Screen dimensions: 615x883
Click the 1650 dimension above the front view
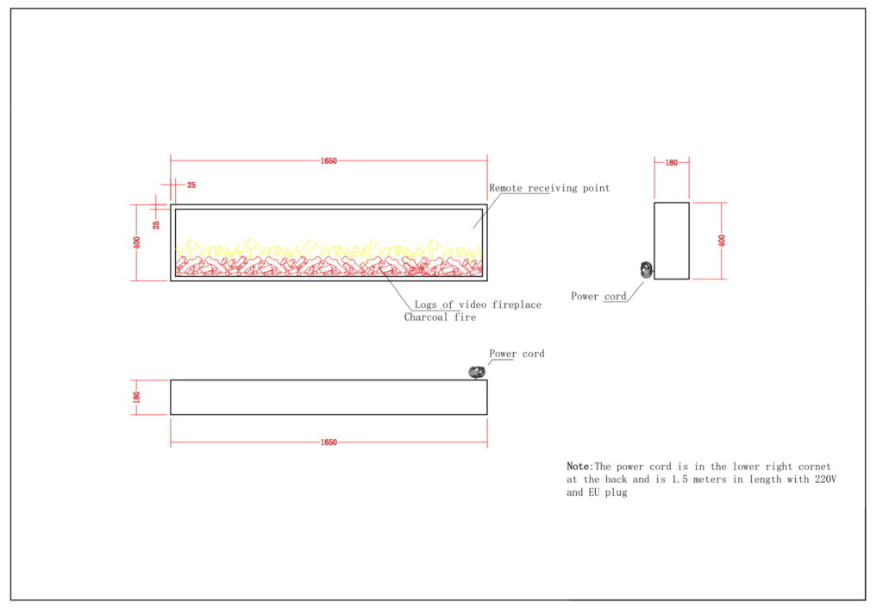click(329, 160)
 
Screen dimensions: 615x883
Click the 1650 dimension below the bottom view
click(329, 442)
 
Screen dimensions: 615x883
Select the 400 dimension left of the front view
click(136, 242)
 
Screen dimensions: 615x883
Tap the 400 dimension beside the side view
click(722, 241)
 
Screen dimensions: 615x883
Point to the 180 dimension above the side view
click(672, 161)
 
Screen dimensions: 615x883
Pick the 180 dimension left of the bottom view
click(136, 397)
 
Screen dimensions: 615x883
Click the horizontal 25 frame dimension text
click(191, 185)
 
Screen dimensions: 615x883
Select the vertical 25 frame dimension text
click(156, 224)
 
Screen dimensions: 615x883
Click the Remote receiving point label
click(549, 188)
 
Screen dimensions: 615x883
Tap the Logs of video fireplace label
click(477, 305)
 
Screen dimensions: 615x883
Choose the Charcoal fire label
click(440, 317)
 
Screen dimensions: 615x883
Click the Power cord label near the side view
click(598, 297)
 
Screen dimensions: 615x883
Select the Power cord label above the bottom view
click(517, 354)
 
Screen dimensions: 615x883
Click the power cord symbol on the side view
click(646, 269)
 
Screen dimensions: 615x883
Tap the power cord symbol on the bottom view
click(475, 372)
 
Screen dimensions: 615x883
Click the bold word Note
click(578, 467)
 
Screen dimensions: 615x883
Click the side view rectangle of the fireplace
click(672, 241)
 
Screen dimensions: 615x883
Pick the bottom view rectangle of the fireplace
click(329, 398)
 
